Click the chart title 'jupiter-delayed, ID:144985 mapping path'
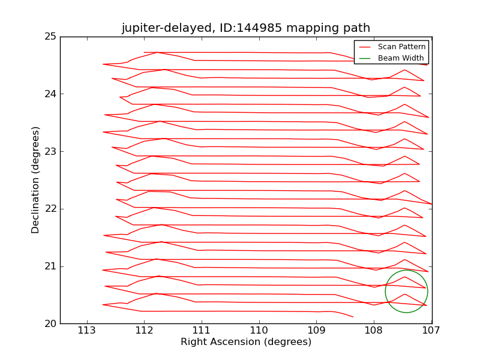click(245, 28)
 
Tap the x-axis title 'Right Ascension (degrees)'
click(246, 342)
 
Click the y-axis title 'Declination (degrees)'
click(36, 179)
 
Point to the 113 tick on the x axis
click(87, 331)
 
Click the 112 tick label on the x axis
click(144, 331)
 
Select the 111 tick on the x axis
click(202, 331)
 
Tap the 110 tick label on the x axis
click(259, 331)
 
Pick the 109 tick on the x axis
click(316, 331)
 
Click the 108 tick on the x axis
click(374, 331)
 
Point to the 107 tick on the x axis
click(431, 331)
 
